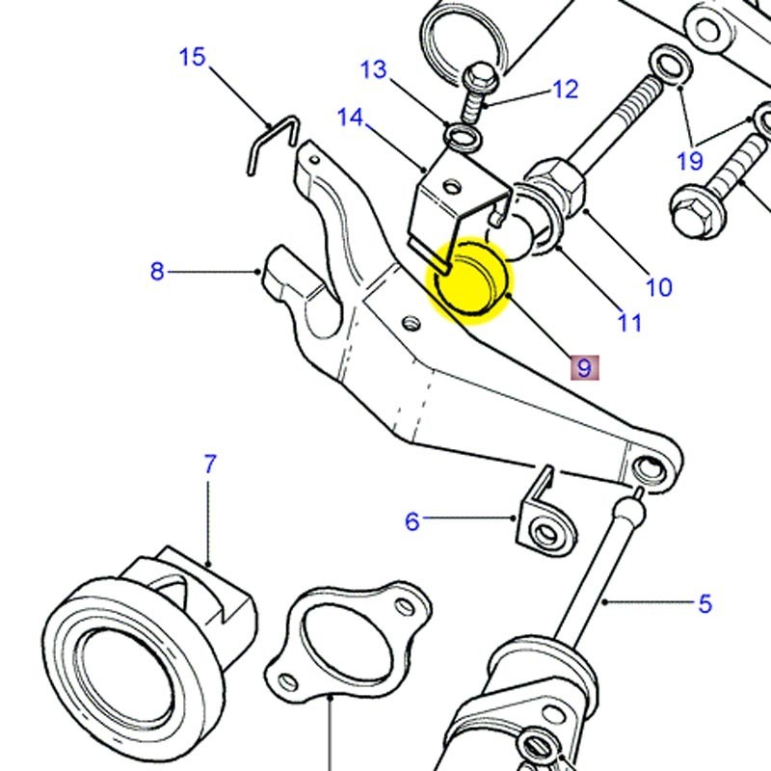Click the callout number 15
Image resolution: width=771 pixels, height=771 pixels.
coord(193,57)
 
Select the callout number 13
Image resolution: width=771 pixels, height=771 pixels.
coord(373,69)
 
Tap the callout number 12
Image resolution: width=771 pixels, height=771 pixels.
coord(565,90)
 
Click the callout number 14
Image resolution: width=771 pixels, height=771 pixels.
coord(350,118)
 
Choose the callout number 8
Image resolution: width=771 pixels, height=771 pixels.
coord(157,272)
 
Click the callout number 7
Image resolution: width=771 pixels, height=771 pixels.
coord(210,464)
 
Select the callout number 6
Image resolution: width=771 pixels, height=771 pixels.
coord(412,521)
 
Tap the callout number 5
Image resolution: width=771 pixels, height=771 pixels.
coord(705,604)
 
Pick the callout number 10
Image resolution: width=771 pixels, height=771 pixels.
coord(658,286)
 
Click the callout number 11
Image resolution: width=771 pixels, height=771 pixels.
coord(629,322)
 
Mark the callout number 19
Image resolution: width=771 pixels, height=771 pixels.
coord(690,160)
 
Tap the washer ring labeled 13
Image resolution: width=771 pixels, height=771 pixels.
coord(464,136)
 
